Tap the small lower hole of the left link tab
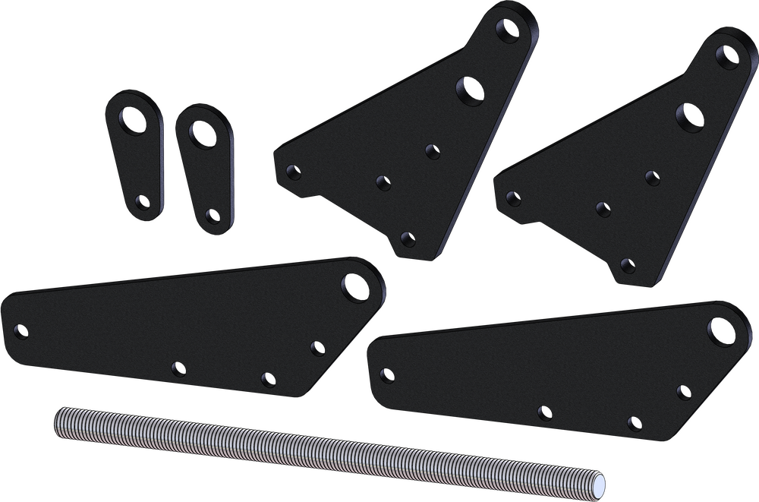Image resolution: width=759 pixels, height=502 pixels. (x=140, y=201)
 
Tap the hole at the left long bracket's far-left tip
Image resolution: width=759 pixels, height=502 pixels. (x=21, y=332)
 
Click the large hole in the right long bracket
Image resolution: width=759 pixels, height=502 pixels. (x=719, y=329)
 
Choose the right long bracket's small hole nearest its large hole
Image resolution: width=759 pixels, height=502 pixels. (x=683, y=392)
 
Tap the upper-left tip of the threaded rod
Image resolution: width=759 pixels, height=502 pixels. (x=58, y=414)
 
